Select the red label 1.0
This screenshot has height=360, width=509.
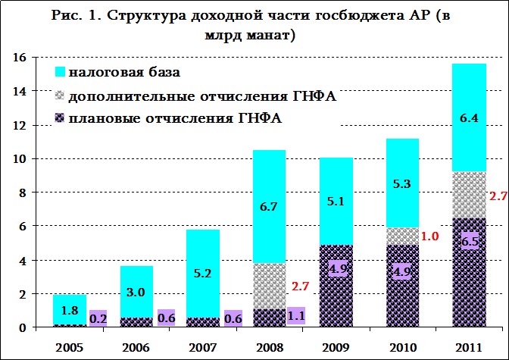430,236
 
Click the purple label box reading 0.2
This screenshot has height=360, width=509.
98,318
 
